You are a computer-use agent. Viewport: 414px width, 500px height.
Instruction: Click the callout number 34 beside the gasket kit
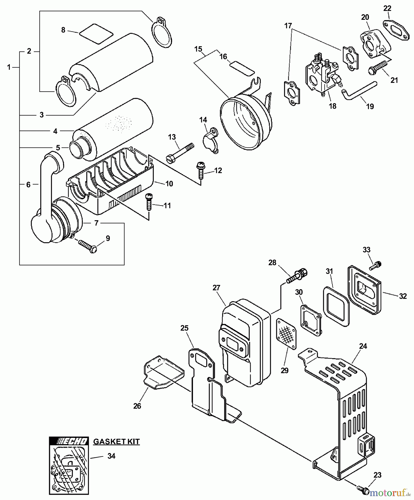[111, 456]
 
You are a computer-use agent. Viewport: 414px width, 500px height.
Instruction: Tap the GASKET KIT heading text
[116, 442]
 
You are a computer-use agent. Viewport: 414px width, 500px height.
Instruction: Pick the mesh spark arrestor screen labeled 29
[286, 333]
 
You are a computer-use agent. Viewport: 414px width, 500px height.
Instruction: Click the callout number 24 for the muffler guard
[363, 346]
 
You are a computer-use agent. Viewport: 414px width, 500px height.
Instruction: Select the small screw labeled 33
[375, 266]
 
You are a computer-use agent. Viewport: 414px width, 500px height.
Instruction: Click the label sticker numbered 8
[96, 34]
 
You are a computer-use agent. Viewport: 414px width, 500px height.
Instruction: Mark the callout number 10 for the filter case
[169, 184]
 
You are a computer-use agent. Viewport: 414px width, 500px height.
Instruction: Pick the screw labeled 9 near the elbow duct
[87, 246]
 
